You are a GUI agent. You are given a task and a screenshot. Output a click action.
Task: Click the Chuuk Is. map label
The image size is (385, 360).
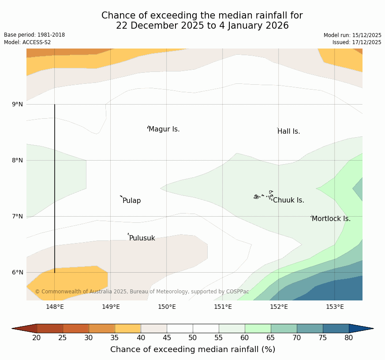288,200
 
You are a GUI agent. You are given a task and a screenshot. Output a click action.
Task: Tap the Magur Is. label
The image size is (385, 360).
164,129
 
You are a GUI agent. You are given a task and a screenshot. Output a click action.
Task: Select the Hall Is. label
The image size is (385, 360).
289,131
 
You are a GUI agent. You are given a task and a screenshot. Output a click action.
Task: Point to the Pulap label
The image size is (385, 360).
131,201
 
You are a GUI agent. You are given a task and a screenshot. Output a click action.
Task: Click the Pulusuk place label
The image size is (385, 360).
142,238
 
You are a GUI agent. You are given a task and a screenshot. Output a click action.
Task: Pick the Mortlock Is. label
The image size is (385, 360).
331,219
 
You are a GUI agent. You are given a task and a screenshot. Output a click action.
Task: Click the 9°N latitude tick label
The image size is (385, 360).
18,104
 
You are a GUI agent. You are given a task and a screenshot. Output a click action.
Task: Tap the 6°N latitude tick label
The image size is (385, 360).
18,272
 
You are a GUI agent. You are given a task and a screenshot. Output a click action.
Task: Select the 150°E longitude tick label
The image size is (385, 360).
167,307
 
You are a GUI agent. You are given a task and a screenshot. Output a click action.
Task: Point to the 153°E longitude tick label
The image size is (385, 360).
335,307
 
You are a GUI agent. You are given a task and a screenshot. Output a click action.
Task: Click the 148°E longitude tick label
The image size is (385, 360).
55,307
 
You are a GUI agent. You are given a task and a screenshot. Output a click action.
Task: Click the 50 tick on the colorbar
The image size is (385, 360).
193,338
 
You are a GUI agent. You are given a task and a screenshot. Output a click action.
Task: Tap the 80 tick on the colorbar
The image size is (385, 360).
349,338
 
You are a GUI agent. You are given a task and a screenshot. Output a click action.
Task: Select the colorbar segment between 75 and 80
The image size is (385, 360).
336,328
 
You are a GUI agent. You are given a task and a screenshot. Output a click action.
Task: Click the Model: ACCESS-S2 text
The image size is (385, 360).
27,42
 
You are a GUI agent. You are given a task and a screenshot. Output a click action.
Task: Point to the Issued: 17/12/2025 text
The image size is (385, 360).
357,42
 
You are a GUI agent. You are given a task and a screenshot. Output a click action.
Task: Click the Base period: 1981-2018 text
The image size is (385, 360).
34,35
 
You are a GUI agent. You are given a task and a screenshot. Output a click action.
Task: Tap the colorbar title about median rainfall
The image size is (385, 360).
193,349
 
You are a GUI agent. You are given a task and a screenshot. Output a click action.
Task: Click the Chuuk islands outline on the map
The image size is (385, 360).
264,195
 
